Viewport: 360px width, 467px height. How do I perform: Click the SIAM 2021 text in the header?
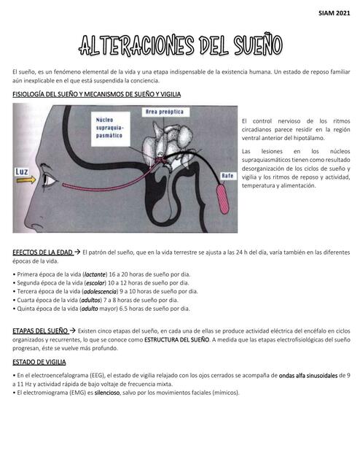(x=334, y=13)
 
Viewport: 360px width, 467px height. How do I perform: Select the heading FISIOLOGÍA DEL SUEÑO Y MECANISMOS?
(x=97, y=95)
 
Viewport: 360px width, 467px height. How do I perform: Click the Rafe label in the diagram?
(x=227, y=175)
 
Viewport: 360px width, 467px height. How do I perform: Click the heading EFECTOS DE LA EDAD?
(x=42, y=252)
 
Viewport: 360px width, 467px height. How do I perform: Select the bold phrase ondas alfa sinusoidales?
(x=310, y=375)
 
